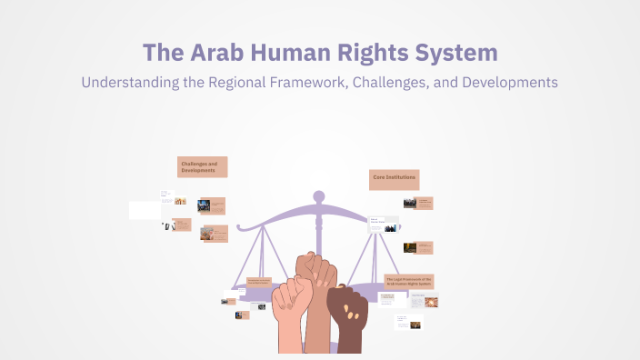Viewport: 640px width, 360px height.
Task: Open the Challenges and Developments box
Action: click(x=202, y=166)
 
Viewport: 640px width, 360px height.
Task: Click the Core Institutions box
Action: click(x=395, y=179)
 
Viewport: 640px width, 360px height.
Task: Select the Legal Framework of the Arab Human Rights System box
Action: click(x=408, y=282)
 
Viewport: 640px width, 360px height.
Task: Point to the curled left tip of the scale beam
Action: click(x=238, y=224)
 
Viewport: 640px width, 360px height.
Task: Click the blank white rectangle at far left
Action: click(x=144, y=210)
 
